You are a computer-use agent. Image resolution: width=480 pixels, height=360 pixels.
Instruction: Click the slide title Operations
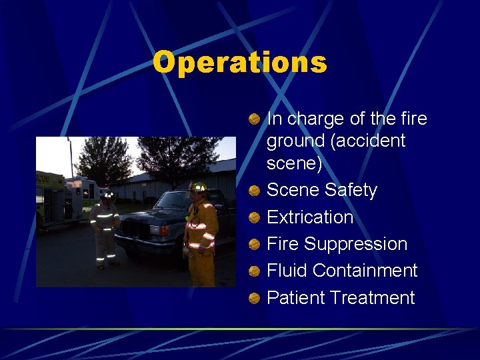[x=240, y=63]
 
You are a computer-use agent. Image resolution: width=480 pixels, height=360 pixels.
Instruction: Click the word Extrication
[x=310, y=217]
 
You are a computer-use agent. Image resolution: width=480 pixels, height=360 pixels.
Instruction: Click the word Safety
[x=351, y=191]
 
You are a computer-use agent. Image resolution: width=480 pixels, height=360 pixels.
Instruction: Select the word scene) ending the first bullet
[x=295, y=163]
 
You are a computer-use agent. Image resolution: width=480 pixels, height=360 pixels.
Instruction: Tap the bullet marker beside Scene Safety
[x=255, y=191]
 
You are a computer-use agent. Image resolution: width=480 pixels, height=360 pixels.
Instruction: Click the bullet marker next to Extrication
[x=255, y=218]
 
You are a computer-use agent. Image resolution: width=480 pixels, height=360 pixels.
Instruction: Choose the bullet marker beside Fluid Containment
[x=255, y=271]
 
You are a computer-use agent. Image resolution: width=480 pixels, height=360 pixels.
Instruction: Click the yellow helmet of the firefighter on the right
[x=197, y=187]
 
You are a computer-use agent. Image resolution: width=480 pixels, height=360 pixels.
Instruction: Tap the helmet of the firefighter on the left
[x=107, y=194]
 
